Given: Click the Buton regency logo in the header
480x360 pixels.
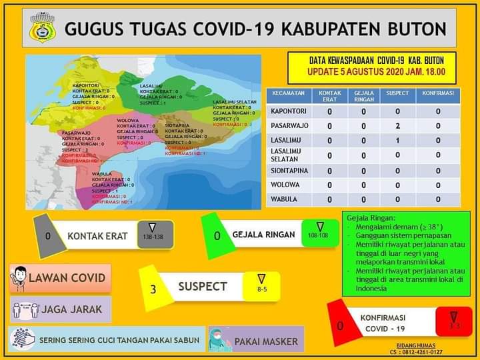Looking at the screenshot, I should [x=43, y=28].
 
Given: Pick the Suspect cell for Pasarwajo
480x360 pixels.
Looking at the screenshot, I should [x=397, y=125].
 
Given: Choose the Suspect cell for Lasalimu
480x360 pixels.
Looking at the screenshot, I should [x=397, y=141].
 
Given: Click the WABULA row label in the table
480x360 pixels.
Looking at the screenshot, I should [x=284, y=199].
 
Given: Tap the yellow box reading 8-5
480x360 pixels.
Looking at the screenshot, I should [x=261, y=286].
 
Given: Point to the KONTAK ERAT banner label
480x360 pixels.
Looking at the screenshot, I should [x=97, y=235].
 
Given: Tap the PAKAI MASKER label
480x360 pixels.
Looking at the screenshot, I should [x=266, y=341].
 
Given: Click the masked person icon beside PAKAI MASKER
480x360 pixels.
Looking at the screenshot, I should [x=219, y=339].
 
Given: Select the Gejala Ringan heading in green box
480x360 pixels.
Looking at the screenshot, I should [x=367, y=219].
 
